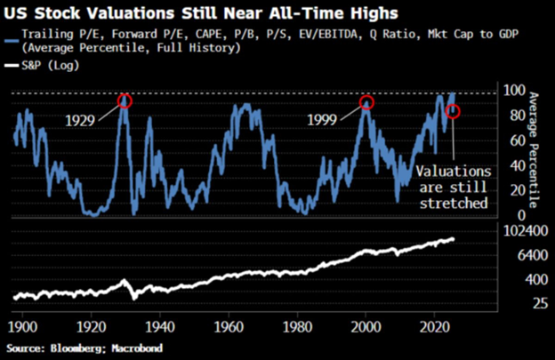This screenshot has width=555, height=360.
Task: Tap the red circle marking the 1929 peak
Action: [125, 101]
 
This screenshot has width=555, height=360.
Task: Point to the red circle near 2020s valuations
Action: [453, 111]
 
